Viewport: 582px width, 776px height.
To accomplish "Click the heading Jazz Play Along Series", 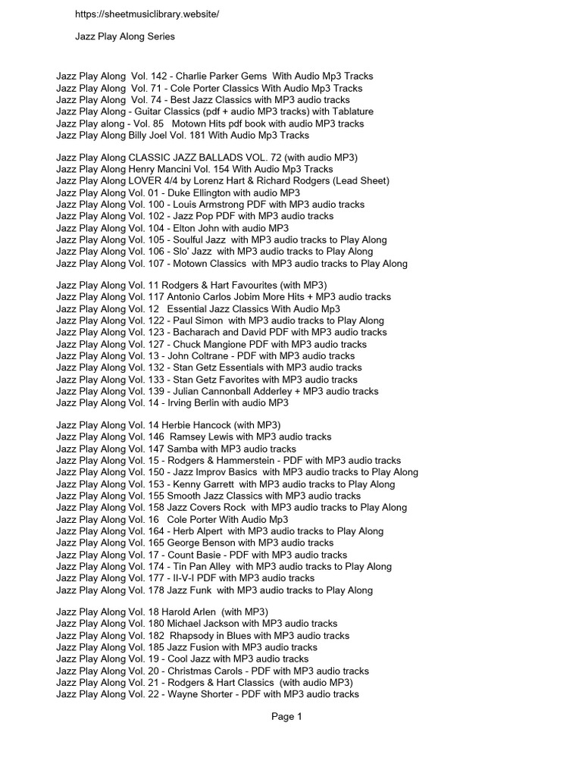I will [x=125, y=36].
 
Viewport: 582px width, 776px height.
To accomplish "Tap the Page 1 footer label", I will [x=286, y=717].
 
